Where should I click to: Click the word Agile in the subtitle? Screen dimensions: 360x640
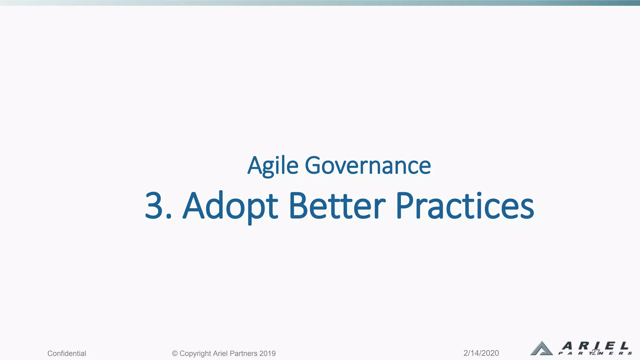pyautogui.click(x=273, y=166)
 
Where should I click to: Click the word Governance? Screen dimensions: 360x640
pyautogui.click(x=367, y=166)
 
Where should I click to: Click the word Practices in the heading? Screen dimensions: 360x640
pyautogui.click(x=465, y=206)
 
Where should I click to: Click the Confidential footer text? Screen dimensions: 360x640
pyautogui.click(x=67, y=353)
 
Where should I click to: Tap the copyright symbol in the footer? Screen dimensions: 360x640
pyautogui.click(x=175, y=353)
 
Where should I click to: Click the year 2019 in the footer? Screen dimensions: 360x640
pyautogui.click(x=267, y=353)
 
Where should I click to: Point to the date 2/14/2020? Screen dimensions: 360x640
pyautogui.click(x=481, y=353)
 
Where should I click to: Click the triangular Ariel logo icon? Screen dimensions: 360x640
pyautogui.click(x=541, y=348)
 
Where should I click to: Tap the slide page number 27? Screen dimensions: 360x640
pyautogui.click(x=596, y=352)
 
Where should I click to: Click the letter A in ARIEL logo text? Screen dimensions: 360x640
pyautogui.click(x=567, y=346)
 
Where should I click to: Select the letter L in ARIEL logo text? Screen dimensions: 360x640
pyautogui.click(x=624, y=346)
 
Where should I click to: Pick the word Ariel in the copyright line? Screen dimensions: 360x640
pyautogui.click(x=220, y=353)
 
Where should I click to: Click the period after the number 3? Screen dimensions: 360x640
pyautogui.click(x=169, y=216)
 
